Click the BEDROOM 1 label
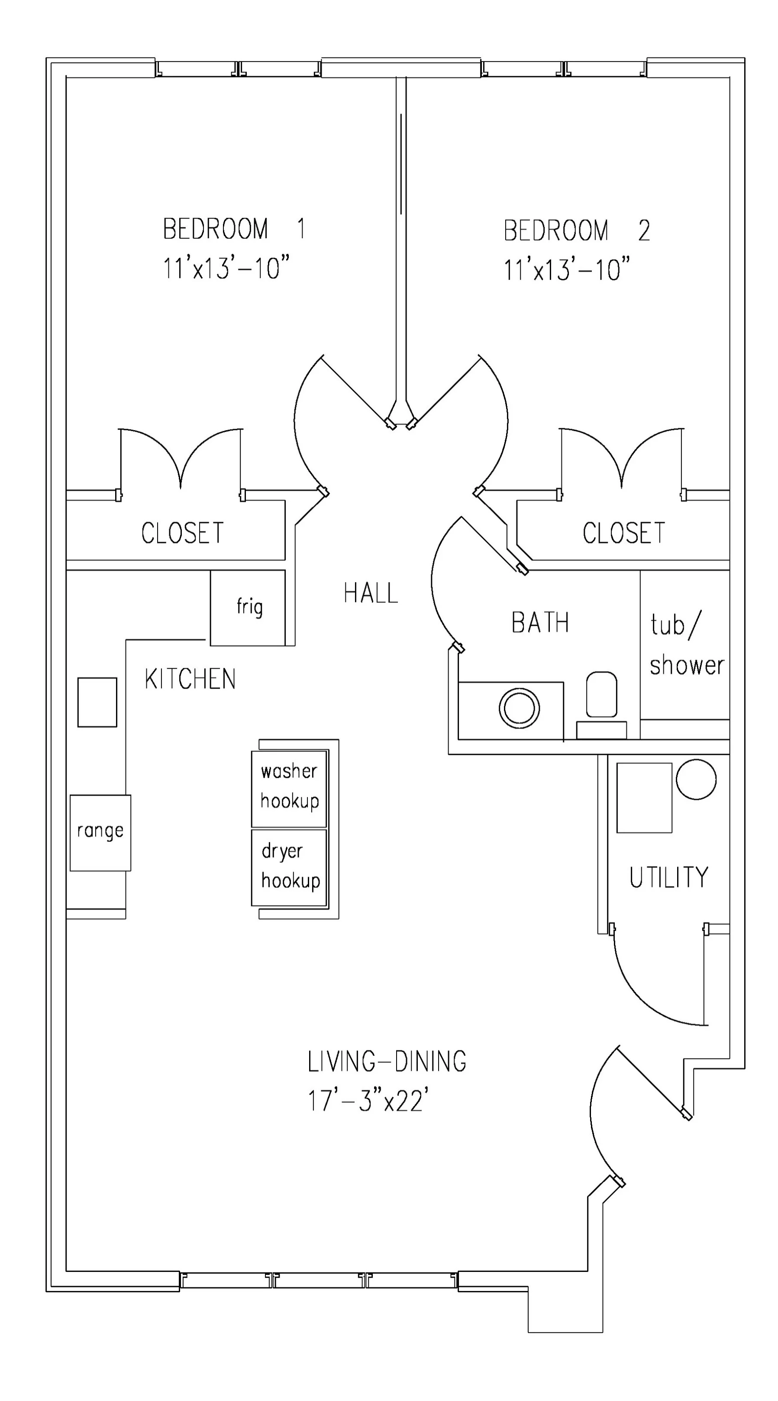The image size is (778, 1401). click(234, 228)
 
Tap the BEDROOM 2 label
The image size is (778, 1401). click(576, 230)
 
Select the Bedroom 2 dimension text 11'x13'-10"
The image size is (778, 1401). click(567, 269)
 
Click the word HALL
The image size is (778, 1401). click(371, 592)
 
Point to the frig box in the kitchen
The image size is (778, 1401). click(247, 608)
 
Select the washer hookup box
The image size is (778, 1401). click(289, 788)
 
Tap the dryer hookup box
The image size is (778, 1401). click(289, 867)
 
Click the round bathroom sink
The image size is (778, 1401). click(519, 708)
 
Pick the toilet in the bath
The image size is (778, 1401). click(601, 704)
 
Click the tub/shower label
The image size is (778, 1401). click(687, 644)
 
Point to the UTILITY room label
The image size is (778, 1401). click(669, 877)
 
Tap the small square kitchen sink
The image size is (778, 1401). click(97, 702)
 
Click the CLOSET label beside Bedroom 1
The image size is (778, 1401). click(183, 533)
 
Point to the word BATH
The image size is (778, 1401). click(540, 623)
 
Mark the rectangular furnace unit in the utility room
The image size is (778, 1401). click(644, 798)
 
